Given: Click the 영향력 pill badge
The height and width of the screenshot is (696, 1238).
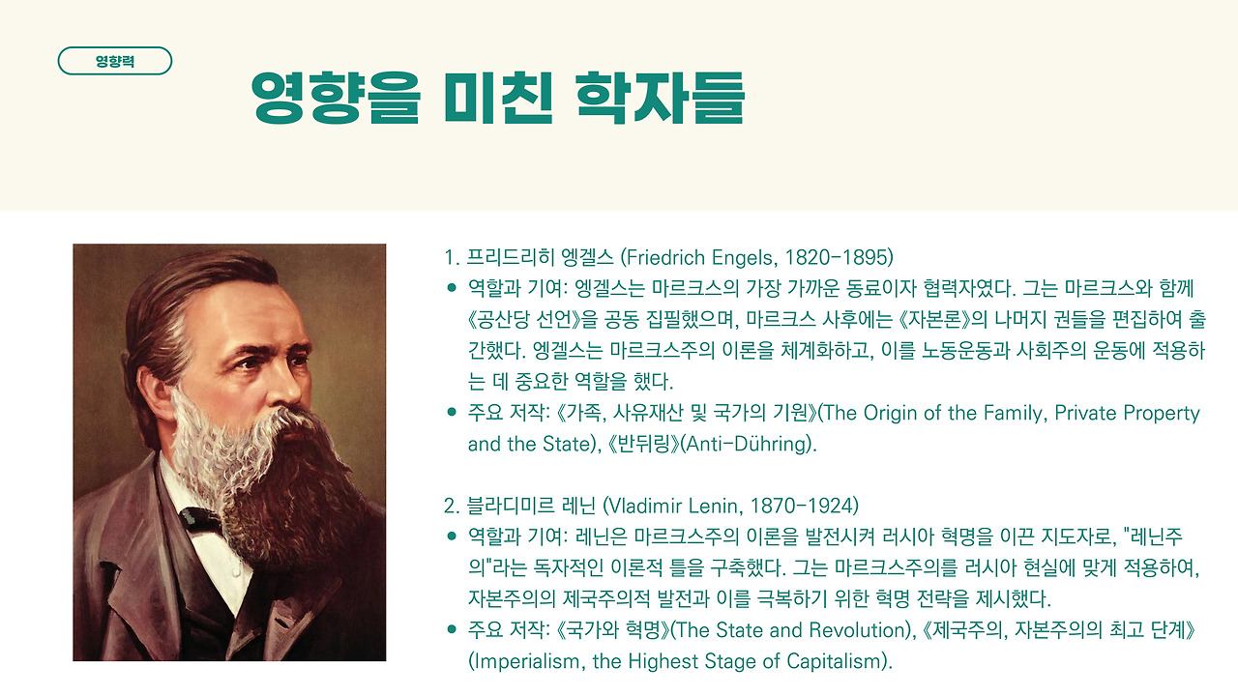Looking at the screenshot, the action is [x=115, y=61].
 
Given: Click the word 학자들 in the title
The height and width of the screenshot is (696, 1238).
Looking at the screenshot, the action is [x=661, y=98].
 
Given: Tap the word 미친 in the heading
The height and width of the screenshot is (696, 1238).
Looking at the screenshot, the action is [x=498, y=98].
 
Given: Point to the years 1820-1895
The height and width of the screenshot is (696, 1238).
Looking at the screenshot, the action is [x=836, y=257].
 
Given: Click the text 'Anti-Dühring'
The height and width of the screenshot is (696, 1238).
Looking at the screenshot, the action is [x=746, y=444].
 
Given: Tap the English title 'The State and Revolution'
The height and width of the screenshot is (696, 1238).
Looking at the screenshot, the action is [x=789, y=630].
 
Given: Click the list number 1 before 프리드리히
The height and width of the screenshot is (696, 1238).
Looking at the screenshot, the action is [x=450, y=257].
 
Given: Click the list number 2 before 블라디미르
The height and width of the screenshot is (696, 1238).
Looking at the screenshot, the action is [x=450, y=506].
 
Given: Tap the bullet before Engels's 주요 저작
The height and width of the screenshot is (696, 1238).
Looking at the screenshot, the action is [x=452, y=412].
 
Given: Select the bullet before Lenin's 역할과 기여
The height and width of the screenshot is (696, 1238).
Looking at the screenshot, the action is [x=452, y=536].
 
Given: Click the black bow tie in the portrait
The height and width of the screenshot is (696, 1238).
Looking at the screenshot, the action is [x=200, y=521].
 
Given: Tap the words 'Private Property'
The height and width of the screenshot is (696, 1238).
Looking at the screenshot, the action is [x=1127, y=413].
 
